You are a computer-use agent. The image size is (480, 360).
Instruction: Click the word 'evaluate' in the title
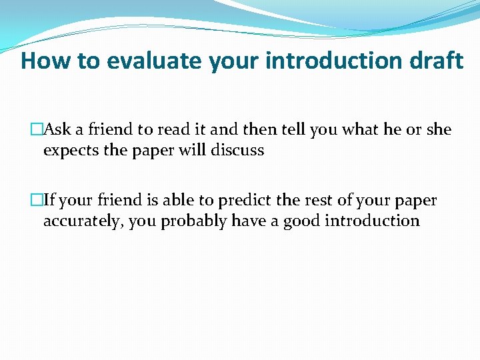coord(155,61)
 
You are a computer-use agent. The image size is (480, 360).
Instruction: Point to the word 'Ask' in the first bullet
coord(56,129)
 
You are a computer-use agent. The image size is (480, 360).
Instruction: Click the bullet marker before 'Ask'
coord(37,129)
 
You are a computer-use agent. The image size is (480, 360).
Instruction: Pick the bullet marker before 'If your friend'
coord(37,200)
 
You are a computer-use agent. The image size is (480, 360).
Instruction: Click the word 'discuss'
coord(237,151)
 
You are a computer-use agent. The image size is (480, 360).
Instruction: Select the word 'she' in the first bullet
coord(439,129)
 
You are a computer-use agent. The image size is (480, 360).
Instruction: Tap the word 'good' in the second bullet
coord(301,221)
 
